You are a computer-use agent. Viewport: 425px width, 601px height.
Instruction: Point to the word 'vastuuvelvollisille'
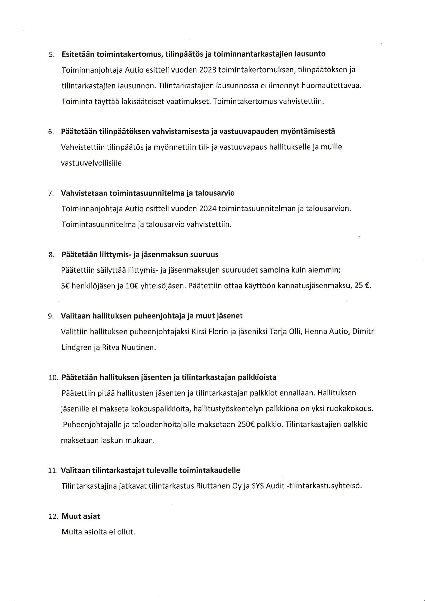tap(92, 163)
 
